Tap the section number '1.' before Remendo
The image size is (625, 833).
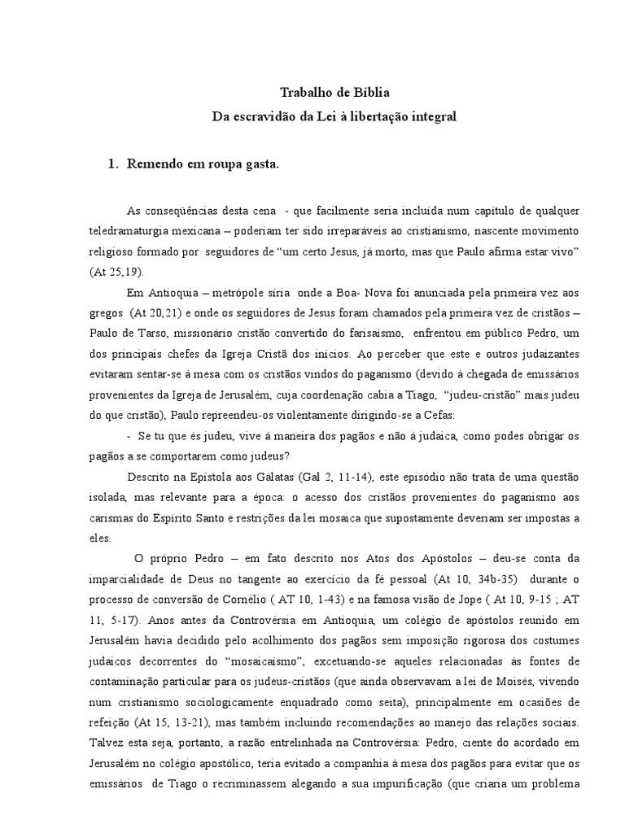[114, 164]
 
